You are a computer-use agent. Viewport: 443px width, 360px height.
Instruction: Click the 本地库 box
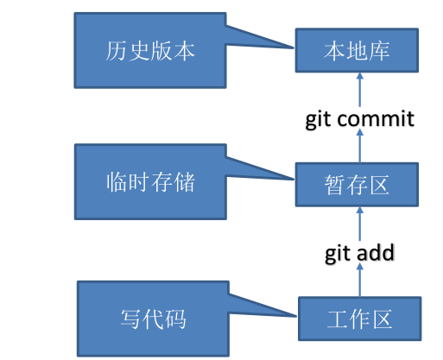point(358,52)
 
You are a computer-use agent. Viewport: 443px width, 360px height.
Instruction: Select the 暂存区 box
point(358,184)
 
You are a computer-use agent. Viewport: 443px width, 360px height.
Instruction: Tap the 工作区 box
point(359,319)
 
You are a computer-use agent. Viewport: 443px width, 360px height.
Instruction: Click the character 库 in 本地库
point(380,52)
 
